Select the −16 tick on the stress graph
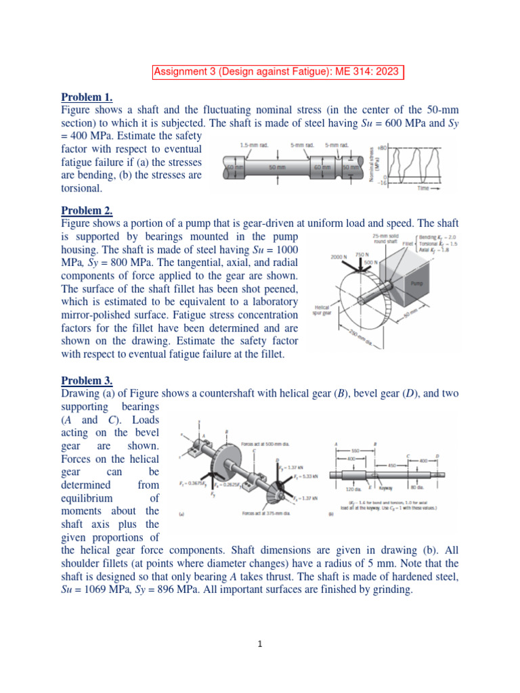pos(382,183)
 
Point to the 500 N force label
pos(370,261)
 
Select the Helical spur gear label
pos(322,309)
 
